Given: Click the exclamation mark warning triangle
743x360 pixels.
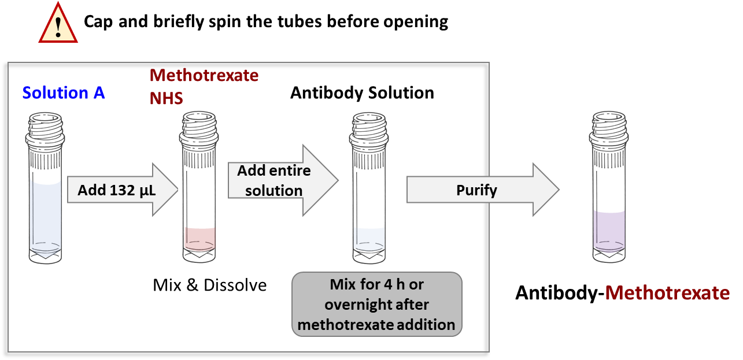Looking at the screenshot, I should click(x=58, y=24).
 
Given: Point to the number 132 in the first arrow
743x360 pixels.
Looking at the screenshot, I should click(x=123, y=191).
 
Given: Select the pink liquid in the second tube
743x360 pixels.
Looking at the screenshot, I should click(x=199, y=237).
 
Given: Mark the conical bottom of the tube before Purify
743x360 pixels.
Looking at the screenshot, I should click(x=368, y=254).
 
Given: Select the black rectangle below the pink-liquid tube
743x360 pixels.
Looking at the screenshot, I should click(x=215, y=290).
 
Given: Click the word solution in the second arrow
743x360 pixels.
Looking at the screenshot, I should click(x=274, y=191).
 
